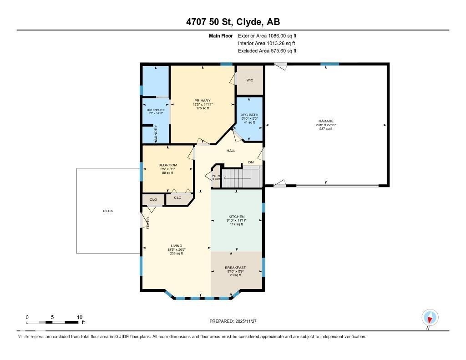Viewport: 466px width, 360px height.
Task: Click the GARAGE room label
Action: coord(325,121)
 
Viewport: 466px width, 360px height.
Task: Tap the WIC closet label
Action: coord(249,80)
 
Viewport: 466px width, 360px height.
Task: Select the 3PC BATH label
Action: coord(249,114)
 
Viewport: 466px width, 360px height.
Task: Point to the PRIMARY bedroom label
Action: coord(202,101)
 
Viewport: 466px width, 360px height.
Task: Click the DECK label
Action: coord(108,211)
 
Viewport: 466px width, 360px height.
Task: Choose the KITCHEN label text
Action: coord(236,216)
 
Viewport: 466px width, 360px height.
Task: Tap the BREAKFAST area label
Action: coord(235,267)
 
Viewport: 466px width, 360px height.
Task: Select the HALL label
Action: coord(231,151)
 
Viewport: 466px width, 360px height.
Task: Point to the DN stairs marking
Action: coord(251,162)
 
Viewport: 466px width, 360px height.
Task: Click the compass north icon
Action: coord(430,317)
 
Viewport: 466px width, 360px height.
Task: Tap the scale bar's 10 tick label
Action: coord(79,317)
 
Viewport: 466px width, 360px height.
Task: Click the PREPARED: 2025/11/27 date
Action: coord(236,321)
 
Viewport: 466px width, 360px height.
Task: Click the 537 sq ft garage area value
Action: coord(325,129)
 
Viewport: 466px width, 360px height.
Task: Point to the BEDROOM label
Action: coord(167,165)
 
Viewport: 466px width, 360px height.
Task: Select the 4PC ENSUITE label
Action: coord(156,110)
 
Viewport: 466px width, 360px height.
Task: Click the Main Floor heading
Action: coord(221,35)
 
